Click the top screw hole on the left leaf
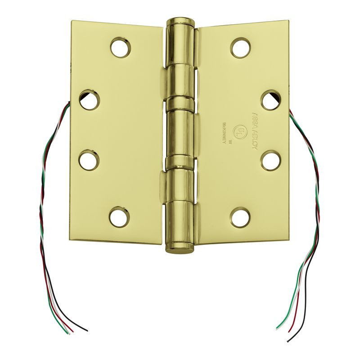tap(121, 48)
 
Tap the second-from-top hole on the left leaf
tap(90, 100)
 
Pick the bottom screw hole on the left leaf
tap(120, 217)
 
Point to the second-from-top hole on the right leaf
tap(271, 100)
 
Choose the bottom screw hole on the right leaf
tap(240, 217)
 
